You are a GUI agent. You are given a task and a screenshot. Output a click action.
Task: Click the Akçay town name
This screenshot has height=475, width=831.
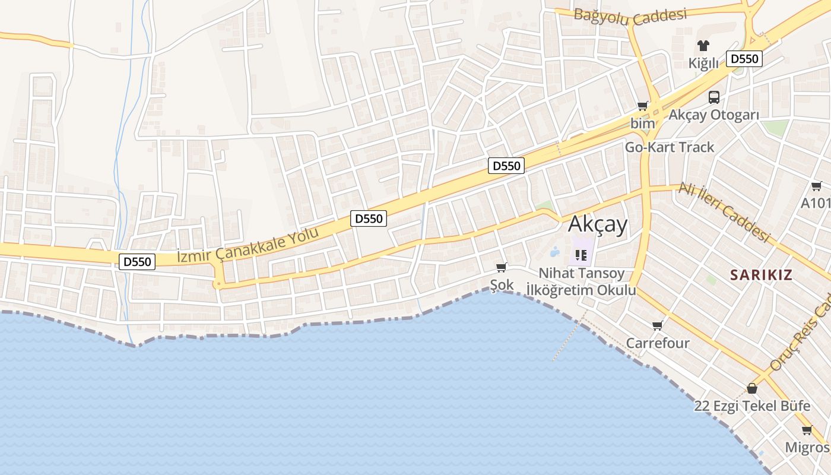point(598,224)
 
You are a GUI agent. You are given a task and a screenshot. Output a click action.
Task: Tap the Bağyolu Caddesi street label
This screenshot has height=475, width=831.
point(630,17)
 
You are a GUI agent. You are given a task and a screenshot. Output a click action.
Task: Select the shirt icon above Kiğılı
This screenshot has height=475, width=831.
point(703,46)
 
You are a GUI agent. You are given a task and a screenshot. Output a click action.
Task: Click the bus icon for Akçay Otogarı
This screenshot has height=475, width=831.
point(714,97)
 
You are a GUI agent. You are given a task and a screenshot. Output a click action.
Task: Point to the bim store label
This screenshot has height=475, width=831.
point(642,123)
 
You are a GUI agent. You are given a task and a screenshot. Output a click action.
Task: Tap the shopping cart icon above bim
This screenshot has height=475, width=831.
point(642,106)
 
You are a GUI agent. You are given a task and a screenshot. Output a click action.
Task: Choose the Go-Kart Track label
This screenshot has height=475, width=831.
point(670,147)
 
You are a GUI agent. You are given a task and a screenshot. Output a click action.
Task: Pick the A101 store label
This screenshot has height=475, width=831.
point(816,203)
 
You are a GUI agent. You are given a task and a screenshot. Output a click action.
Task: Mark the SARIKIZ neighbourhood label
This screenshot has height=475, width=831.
point(762,274)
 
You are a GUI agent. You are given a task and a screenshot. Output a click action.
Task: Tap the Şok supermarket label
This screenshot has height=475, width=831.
point(502,285)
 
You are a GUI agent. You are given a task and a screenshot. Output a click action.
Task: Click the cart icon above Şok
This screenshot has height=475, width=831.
point(502,268)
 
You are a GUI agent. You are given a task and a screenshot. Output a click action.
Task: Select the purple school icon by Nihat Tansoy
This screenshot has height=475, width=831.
point(581,255)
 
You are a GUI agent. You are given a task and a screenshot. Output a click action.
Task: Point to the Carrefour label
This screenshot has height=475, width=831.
point(658,343)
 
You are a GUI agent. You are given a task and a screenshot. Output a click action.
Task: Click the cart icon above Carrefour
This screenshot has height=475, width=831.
point(657,325)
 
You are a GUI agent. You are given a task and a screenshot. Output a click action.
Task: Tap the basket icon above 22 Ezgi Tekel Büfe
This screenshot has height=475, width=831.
point(752,388)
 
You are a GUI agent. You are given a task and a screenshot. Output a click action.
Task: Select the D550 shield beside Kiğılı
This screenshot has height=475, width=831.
point(744,59)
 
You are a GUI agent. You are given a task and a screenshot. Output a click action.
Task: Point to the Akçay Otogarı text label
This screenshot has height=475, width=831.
point(714,115)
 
